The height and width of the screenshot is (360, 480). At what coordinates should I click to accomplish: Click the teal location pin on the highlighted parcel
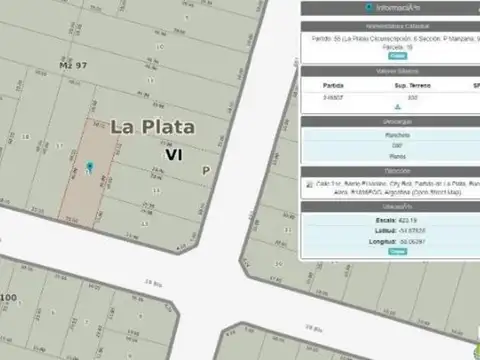[x=89, y=166]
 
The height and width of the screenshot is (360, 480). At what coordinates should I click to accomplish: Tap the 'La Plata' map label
[x=153, y=127]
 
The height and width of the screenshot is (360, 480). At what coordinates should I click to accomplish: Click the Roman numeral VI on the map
[x=173, y=155]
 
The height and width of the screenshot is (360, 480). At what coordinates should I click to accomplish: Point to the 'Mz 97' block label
[x=72, y=64]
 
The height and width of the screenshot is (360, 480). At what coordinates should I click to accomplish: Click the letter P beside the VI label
[x=206, y=171]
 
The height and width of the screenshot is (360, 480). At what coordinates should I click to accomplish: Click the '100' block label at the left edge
[x=8, y=298]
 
